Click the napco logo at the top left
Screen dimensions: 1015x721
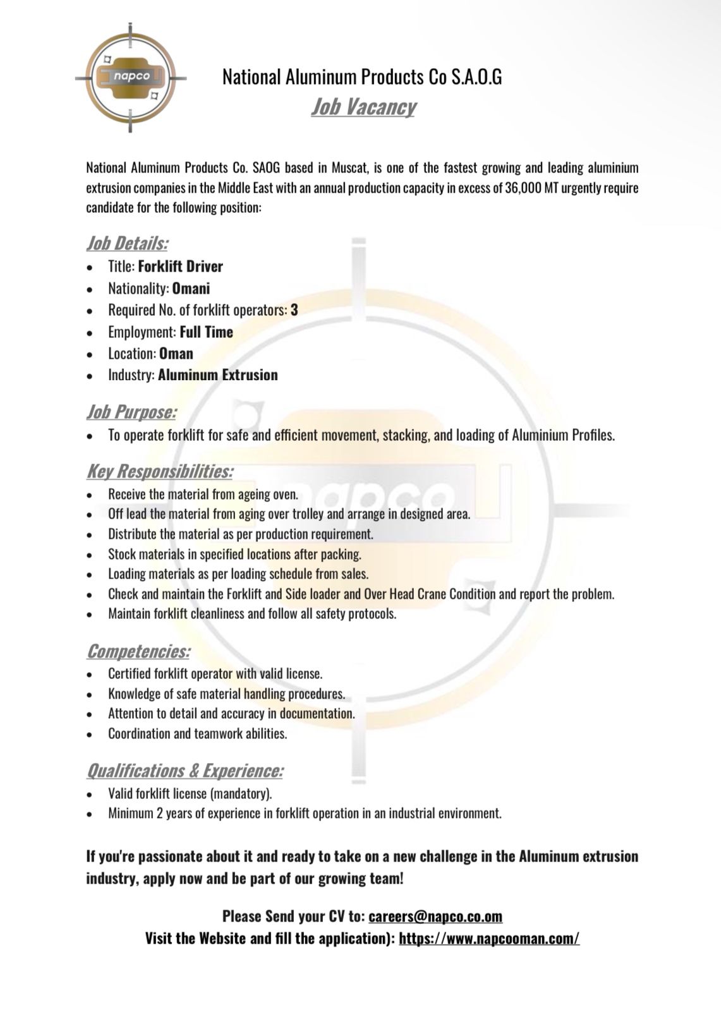(131, 78)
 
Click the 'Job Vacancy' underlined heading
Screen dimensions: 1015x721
(363, 107)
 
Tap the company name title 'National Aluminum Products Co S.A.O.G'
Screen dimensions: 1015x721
(362, 77)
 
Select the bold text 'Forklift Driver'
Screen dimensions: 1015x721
(181, 267)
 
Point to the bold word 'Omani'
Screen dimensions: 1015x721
(191, 289)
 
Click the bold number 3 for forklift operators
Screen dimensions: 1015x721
(294, 310)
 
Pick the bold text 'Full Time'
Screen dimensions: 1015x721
(207, 332)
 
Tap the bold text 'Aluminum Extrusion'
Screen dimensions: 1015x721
(218, 375)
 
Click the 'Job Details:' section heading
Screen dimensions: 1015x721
(127, 243)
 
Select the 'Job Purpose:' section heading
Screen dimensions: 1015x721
(131, 412)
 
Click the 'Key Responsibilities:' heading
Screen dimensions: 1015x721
(160, 471)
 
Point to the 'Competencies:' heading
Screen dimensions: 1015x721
(138, 651)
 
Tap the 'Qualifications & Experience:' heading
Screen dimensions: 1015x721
(185, 771)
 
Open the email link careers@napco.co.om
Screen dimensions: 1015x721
(435, 916)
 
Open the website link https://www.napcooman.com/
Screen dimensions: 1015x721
(489, 938)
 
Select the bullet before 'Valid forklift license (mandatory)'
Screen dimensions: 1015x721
(92, 794)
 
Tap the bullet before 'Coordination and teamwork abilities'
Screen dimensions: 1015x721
(92, 735)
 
